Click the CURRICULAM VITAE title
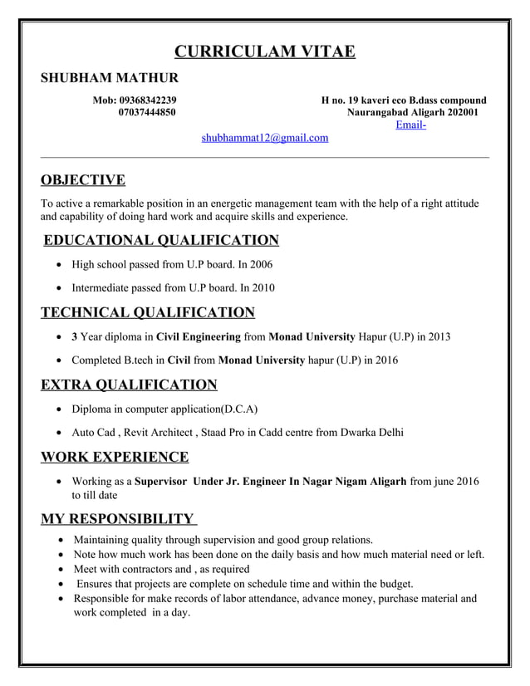(265, 52)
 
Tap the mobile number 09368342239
(147, 100)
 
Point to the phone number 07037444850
(147, 112)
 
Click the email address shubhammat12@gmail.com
(265, 138)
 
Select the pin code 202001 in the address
(462, 112)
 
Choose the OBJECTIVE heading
(83, 180)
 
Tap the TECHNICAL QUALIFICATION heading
(148, 312)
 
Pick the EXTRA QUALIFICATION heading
(129, 385)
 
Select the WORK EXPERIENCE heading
(115, 457)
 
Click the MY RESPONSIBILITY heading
(118, 520)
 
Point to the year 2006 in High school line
(259, 265)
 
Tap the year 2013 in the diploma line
(438, 337)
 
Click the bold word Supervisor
(162, 482)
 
